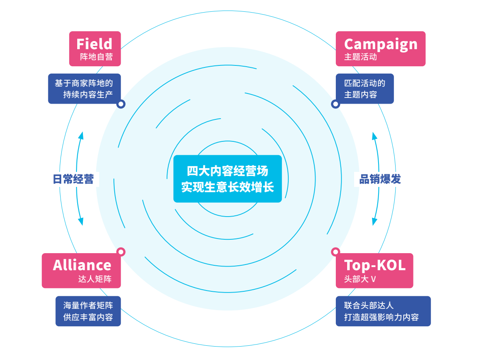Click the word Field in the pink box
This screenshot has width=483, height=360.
(x=94, y=43)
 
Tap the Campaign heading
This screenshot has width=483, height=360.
(x=381, y=43)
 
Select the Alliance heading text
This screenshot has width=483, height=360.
(x=82, y=265)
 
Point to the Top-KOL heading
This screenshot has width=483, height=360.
(x=374, y=265)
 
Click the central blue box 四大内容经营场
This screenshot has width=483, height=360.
(x=227, y=179)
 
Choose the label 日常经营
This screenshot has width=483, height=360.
(x=74, y=179)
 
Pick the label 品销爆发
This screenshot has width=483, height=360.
(x=380, y=179)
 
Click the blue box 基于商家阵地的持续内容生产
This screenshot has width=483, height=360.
(x=84, y=89)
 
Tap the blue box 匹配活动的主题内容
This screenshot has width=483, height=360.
(x=365, y=89)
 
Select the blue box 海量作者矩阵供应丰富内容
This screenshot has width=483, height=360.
(x=88, y=311)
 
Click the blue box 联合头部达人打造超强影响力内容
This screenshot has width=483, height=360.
(x=383, y=311)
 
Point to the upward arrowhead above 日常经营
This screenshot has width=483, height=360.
(x=81, y=135)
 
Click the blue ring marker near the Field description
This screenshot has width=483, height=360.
(x=121, y=104)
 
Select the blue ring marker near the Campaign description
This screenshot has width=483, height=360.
(x=335, y=104)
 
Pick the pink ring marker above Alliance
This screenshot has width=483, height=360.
(x=121, y=252)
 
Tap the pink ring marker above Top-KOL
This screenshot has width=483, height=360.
(x=335, y=252)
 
